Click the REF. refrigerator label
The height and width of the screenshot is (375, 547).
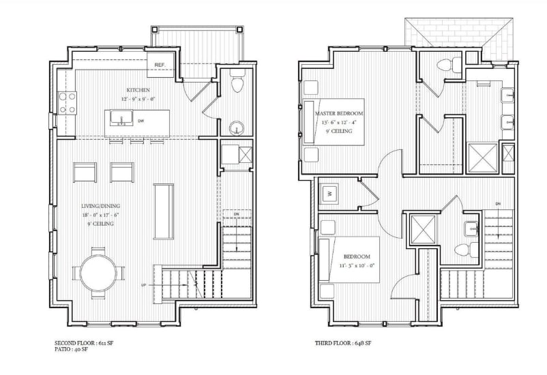[161, 65]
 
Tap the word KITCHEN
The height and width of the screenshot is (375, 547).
[138, 90]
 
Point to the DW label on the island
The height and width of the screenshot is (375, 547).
[141, 121]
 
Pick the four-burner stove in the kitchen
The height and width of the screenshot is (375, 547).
[67, 104]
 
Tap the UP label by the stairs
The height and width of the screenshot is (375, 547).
[143, 285]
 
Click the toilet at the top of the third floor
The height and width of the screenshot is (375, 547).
[443, 66]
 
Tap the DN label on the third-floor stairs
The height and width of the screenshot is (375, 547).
[499, 202]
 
